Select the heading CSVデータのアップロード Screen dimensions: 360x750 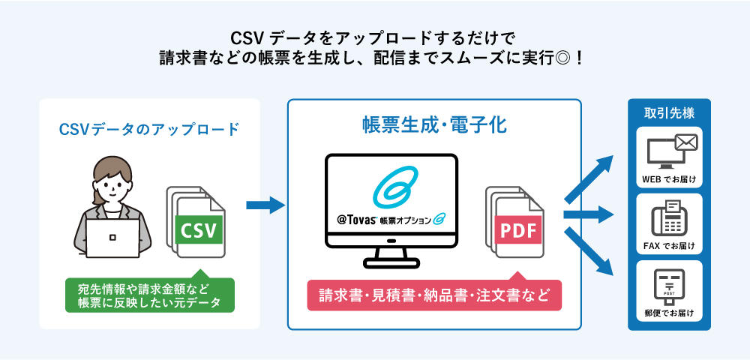coord(149,129)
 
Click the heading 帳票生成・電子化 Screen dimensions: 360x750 coord(434,125)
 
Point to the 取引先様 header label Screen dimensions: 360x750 coord(669,113)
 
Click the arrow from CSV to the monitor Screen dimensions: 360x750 coord(265,204)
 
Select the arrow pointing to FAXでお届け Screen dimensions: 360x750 coord(589,215)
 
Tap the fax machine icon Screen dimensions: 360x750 coord(669,219)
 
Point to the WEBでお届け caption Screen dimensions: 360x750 coord(669,180)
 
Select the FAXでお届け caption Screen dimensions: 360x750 coord(669,246)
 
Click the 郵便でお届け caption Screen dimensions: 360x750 coord(669,312)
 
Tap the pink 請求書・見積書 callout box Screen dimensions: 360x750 coord(434,295)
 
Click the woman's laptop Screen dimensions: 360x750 coord(112,236)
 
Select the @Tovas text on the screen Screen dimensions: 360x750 coord(357,220)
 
